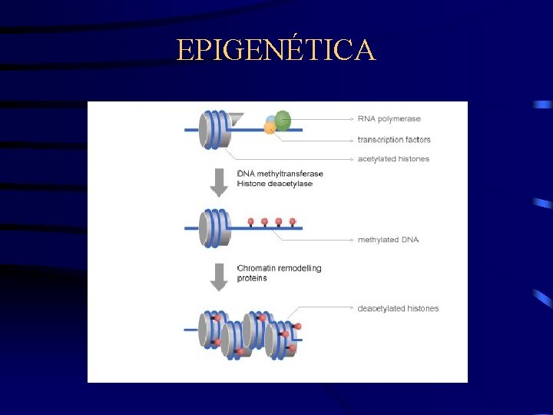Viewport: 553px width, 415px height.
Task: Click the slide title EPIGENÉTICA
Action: tap(276, 50)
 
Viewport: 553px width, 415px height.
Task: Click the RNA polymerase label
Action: tap(389, 119)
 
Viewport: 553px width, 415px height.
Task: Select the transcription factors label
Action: tap(394, 140)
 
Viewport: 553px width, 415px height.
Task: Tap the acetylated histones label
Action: tap(393, 159)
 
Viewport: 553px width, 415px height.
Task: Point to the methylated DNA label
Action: tap(388, 240)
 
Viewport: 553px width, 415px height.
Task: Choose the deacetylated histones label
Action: tap(398, 309)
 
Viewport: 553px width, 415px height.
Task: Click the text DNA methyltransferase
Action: tap(280, 174)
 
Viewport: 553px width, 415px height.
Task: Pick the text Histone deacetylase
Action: tap(275, 184)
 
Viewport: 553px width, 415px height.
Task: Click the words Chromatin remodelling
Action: tap(280, 268)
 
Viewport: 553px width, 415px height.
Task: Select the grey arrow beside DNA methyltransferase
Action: tap(220, 181)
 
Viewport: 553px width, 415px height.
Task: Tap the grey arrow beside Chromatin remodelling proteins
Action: tap(220, 276)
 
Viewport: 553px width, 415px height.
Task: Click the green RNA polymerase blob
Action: tap(283, 120)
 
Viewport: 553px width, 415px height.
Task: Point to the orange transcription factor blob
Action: tap(270, 128)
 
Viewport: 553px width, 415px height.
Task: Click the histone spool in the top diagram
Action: tap(213, 130)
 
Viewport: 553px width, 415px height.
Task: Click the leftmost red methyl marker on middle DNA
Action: tap(250, 221)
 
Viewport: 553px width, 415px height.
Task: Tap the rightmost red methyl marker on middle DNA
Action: tap(293, 221)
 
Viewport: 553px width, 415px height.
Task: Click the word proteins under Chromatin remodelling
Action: tap(253, 278)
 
